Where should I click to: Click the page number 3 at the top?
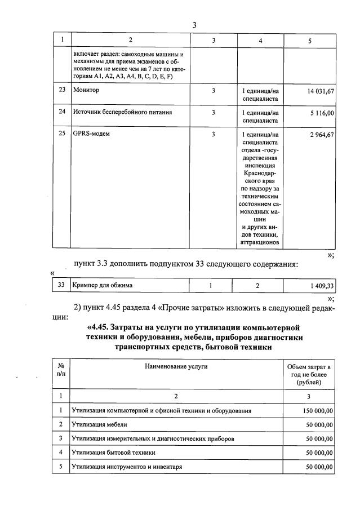tap(194, 25)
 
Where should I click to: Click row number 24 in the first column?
tap(62, 112)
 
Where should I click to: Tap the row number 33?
tap(62, 285)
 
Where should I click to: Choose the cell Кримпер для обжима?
tap(103, 285)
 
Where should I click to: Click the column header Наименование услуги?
tap(176, 367)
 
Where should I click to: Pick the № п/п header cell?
tap(61, 370)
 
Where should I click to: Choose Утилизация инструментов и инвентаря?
tap(127, 467)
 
